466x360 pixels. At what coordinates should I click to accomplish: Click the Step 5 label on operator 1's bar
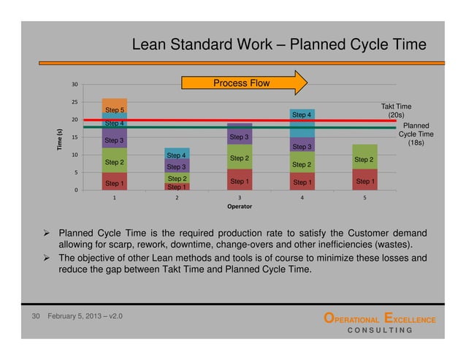pos(115,110)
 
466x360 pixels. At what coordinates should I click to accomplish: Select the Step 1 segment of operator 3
pos(240,180)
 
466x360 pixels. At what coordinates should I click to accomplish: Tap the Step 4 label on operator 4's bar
pos(302,115)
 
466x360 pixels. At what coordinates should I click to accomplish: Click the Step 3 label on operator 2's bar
pos(177,167)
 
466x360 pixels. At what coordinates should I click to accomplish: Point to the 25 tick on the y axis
pos(75,102)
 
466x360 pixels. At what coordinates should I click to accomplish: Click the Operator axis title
pos(240,207)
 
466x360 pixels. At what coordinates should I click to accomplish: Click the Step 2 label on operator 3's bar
pos(240,158)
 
